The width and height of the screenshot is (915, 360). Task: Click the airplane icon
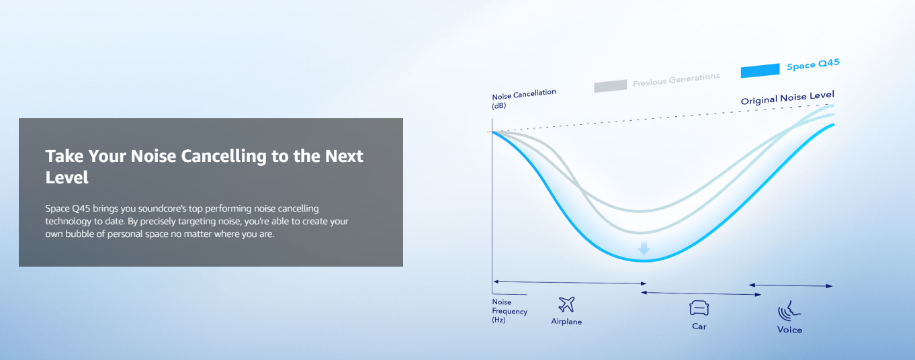tap(566, 304)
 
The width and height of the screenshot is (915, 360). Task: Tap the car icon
tap(699, 308)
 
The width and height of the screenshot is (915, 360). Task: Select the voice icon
tap(789, 312)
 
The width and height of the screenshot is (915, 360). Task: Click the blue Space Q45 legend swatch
tap(760, 71)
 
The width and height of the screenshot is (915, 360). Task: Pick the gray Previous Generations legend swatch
tap(610, 86)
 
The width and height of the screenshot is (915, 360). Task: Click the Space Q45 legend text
tap(813, 64)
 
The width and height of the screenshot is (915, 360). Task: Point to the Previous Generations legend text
tap(676, 80)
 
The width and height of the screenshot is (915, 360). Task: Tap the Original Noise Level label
tap(787, 98)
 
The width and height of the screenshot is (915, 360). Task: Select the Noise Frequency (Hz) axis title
tap(509, 311)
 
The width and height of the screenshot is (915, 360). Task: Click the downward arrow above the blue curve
tap(644, 248)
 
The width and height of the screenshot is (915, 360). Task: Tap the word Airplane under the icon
tap(566, 322)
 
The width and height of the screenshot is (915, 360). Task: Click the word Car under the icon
tap(699, 326)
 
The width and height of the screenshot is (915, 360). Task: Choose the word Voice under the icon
tap(789, 330)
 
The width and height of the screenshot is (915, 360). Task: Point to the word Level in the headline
tap(67, 177)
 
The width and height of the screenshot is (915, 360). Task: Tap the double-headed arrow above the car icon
tap(701, 294)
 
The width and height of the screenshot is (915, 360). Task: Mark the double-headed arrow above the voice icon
tap(791, 285)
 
